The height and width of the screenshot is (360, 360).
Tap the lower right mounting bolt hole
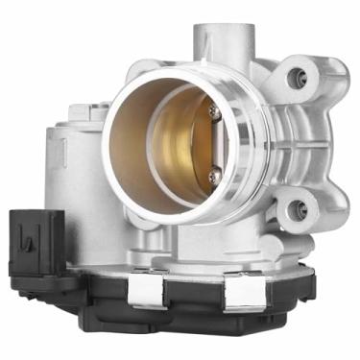point(300,208)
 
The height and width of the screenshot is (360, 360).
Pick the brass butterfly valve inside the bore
point(178,144)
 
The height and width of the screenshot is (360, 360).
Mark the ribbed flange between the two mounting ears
point(288,144)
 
